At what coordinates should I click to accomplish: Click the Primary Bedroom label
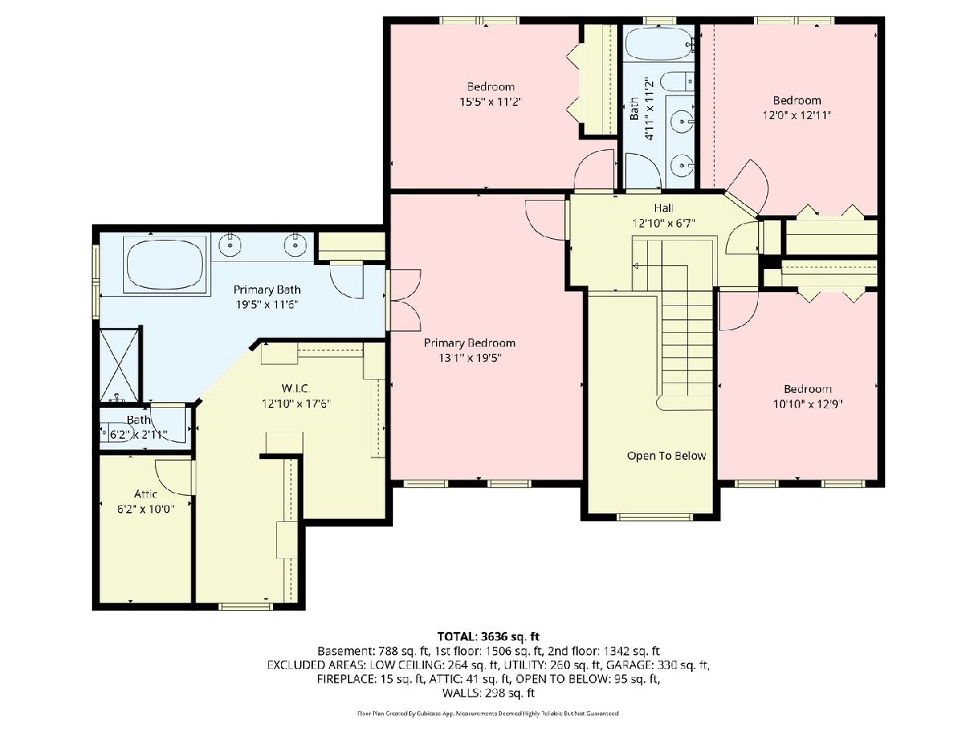[x=469, y=343]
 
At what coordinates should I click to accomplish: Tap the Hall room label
[x=663, y=208]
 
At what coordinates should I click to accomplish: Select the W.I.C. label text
[x=295, y=388]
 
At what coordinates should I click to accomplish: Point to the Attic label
[x=146, y=493]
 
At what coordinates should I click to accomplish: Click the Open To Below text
[x=667, y=455]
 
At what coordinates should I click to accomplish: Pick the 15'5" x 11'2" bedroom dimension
[x=490, y=102]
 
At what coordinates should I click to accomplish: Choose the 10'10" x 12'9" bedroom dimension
[x=808, y=404]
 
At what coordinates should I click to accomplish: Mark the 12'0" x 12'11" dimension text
[x=796, y=115]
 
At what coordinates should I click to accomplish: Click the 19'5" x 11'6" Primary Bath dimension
[x=267, y=305]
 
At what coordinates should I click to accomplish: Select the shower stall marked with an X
[x=119, y=365]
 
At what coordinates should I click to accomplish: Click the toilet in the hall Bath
[x=677, y=82]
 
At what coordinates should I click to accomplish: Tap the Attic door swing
[x=174, y=477]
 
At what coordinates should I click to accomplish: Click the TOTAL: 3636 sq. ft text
[x=488, y=636]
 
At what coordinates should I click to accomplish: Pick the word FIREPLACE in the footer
[x=346, y=679]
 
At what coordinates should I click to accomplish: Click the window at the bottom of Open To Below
[x=654, y=517]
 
